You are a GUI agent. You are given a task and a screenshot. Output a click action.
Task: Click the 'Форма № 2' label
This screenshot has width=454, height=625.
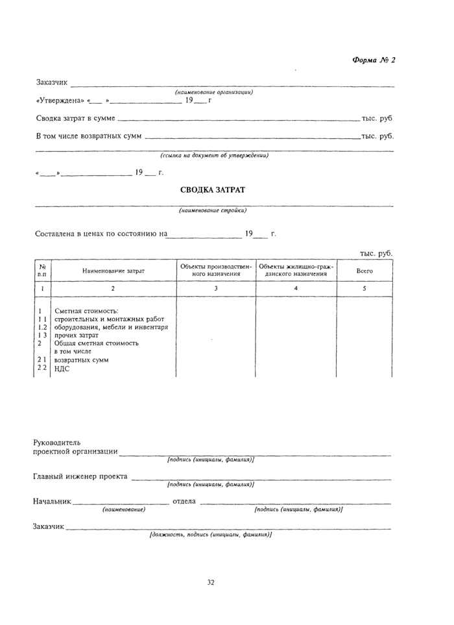pos(373,60)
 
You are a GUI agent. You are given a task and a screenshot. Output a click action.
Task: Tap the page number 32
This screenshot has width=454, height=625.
pos(211,582)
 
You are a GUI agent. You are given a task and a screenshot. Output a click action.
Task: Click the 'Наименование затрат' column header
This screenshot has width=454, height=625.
pos(113,270)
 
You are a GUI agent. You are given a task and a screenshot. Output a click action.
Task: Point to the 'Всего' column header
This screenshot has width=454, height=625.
pos(364,270)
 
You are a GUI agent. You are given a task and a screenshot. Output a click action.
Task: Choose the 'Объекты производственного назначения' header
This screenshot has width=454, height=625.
pos(216,270)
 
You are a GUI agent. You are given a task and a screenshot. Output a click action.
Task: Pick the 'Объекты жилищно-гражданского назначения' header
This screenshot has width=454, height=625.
pos(296,270)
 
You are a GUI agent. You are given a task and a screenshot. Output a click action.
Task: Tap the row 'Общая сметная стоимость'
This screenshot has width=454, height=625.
pos(97,343)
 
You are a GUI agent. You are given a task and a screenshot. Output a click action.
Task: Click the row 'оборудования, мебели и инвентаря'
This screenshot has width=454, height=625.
pos(111,327)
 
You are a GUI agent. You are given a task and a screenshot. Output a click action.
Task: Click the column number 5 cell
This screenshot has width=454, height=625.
pos(364,288)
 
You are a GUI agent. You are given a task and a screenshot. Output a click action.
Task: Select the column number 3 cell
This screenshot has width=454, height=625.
pos(216,288)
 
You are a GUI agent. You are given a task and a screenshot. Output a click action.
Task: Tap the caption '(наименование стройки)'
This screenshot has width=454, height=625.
pos(213,210)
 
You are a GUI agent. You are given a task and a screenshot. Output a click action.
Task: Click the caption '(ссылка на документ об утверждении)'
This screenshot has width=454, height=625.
pos(214,155)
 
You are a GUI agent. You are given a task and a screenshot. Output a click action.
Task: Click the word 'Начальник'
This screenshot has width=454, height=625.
pos(52,502)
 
